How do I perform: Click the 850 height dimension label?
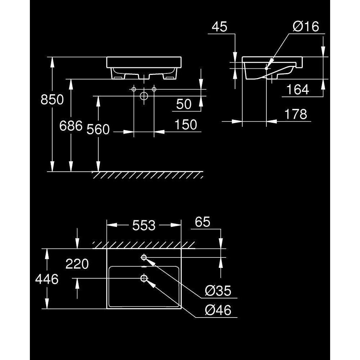(x=52, y=100)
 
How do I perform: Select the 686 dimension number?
(x=71, y=126)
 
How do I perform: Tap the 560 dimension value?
(x=98, y=130)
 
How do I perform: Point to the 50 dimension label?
(x=184, y=104)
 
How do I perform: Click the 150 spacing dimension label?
(x=186, y=125)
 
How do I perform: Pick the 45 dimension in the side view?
(x=220, y=27)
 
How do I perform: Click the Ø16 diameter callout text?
(x=306, y=26)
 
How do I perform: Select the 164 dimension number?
(x=298, y=90)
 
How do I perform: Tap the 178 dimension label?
(x=296, y=114)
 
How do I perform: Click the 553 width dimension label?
(x=144, y=225)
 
